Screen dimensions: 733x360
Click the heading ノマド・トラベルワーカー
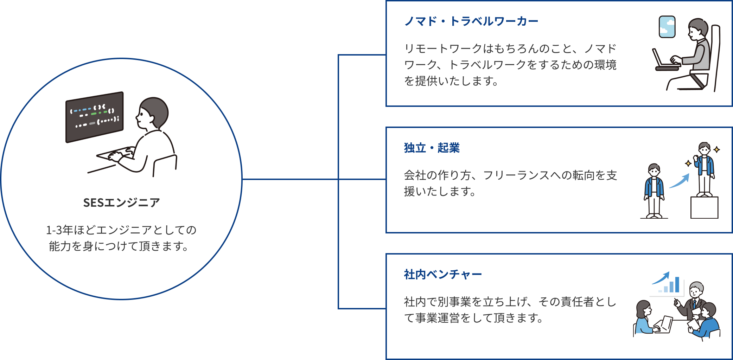coord(471,21)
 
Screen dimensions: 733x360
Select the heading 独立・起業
coord(432,148)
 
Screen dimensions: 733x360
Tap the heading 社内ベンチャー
coord(443,275)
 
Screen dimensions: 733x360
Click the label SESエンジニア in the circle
coord(121,203)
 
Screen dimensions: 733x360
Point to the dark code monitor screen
coord(95,117)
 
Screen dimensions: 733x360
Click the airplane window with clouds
coord(667,27)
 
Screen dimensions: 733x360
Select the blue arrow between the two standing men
coord(679,181)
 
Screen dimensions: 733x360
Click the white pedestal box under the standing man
coord(704,207)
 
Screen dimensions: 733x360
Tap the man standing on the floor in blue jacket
coord(654,191)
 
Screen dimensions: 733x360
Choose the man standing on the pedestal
coord(704,169)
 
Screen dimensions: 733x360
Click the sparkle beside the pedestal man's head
coord(717,149)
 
